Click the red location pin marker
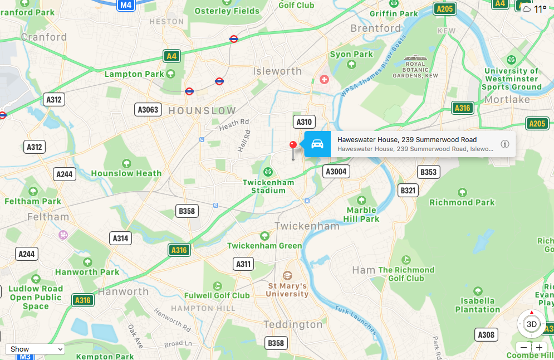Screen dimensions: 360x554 [x=293, y=145]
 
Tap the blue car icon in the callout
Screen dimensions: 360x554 [x=317, y=144]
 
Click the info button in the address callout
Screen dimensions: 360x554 [x=505, y=144]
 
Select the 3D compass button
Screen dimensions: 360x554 [x=532, y=324]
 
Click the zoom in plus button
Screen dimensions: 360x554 [x=538, y=347]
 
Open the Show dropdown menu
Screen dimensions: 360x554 [x=35, y=349]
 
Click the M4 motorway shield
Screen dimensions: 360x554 [x=126, y=6]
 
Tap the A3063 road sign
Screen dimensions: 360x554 [x=148, y=110]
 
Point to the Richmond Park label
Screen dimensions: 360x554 [x=462, y=202]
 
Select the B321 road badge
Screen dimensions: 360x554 [x=408, y=191]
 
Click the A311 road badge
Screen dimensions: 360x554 [x=243, y=264]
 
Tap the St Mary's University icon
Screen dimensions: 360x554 [x=287, y=276]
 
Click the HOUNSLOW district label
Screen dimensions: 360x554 [x=202, y=110]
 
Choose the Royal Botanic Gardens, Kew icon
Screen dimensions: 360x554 [x=415, y=59]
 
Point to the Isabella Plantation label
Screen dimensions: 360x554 [x=477, y=305]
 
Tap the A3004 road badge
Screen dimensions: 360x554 [x=336, y=172]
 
